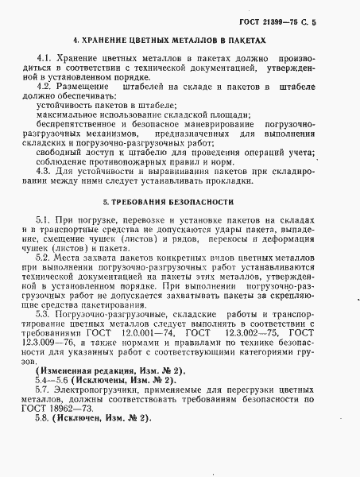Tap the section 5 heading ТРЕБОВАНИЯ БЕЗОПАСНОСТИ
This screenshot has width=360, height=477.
(x=180, y=202)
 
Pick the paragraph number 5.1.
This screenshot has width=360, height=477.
(x=45, y=219)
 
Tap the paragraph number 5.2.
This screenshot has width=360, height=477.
(x=45, y=258)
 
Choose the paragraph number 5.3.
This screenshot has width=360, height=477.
(x=45, y=315)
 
